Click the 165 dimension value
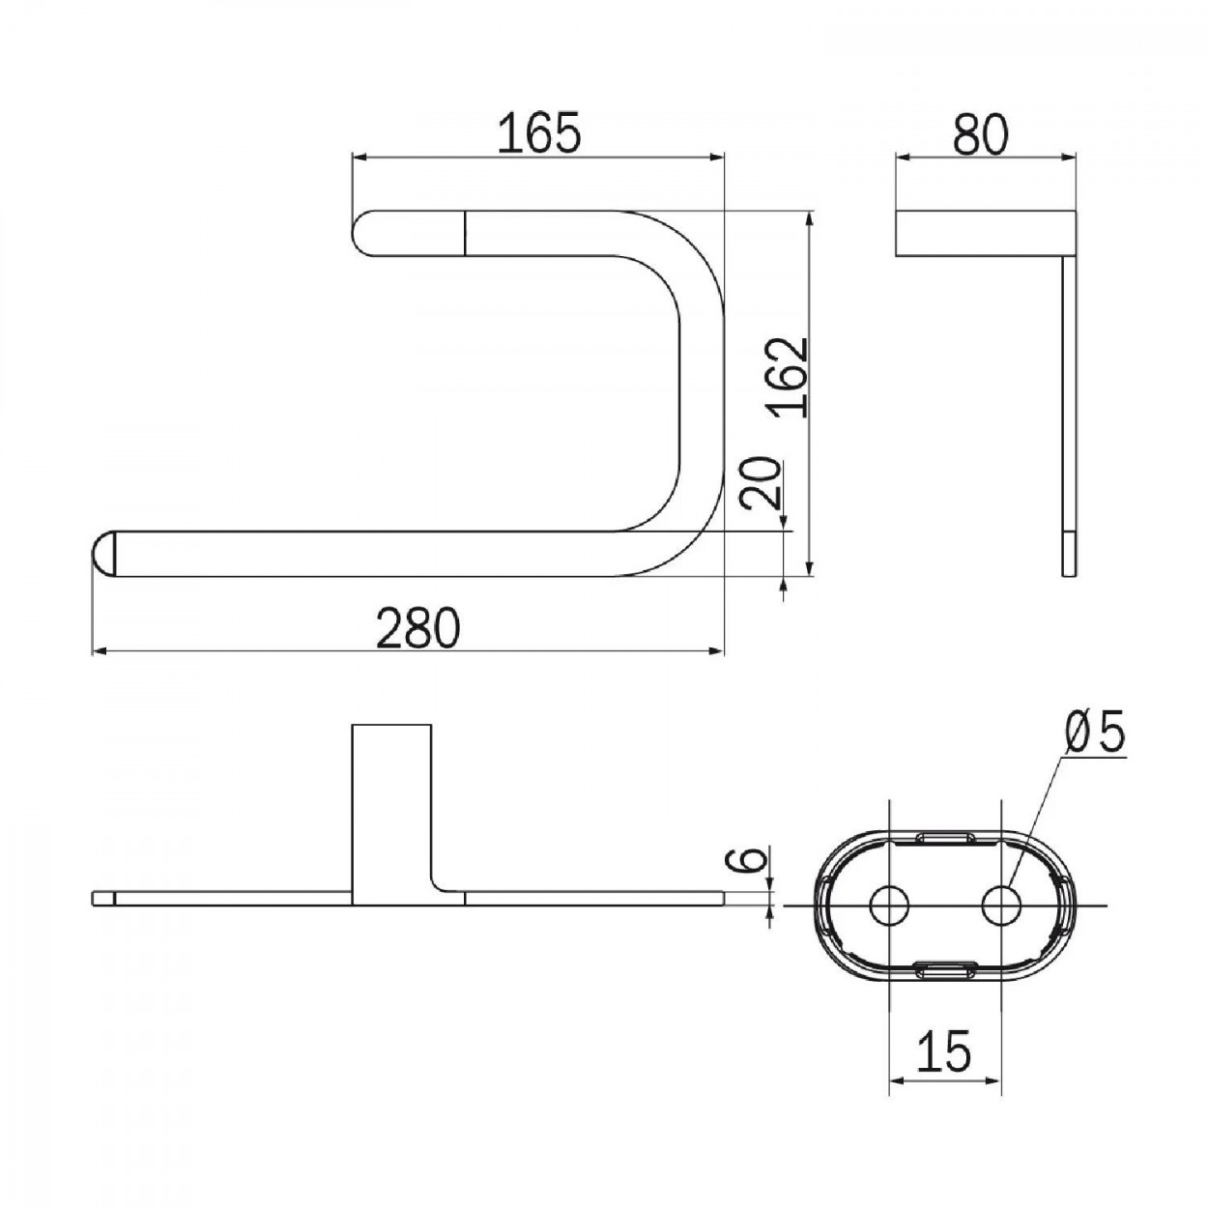click(x=539, y=133)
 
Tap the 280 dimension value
click(x=418, y=628)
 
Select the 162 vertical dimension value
click(x=789, y=378)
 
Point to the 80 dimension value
click(x=981, y=133)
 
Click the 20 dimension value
click(x=761, y=482)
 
